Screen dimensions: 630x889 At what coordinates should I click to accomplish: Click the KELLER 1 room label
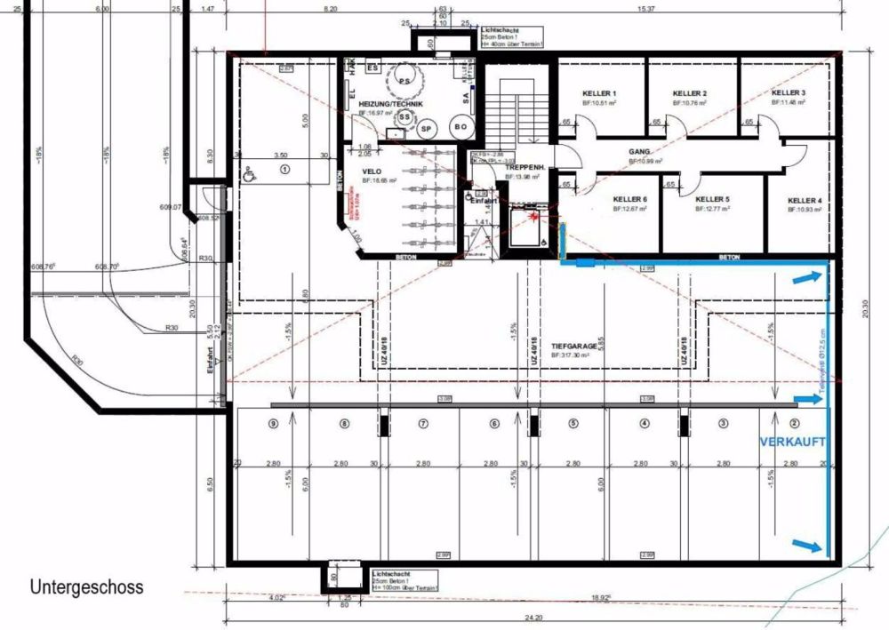(599, 93)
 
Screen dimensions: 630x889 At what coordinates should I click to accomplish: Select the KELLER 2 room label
(689, 93)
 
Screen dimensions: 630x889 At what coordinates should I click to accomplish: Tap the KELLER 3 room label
(789, 93)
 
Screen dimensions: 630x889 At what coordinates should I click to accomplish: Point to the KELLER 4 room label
(804, 200)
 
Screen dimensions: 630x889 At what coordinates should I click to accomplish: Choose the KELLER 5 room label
(712, 200)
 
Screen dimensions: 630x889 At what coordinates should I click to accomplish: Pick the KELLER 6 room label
(629, 200)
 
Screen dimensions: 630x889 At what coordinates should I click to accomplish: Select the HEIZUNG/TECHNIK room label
(390, 104)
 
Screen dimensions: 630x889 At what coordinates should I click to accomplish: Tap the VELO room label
(372, 171)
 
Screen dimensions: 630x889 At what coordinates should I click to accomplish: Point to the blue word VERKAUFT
(792, 442)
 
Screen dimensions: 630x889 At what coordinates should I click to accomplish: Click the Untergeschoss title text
(86, 587)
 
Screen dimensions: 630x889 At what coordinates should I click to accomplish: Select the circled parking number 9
(273, 424)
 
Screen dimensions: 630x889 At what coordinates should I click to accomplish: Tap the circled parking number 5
(573, 424)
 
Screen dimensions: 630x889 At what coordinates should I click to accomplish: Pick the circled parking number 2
(795, 424)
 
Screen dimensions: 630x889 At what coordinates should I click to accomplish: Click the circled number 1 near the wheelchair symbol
(285, 168)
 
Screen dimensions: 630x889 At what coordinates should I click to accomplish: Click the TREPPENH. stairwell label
(524, 167)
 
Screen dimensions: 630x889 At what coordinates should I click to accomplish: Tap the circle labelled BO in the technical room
(461, 127)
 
